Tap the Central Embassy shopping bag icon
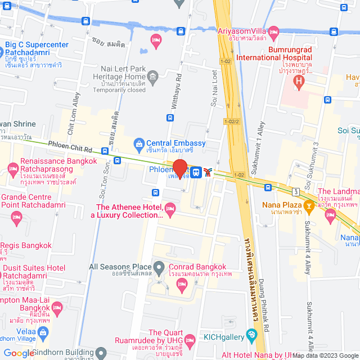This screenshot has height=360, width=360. (x=139, y=143)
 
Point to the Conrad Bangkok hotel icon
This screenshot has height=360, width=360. (x=182, y=285)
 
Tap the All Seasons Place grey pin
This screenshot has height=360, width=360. (x=160, y=267)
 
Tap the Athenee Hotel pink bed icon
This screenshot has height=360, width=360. (x=170, y=210)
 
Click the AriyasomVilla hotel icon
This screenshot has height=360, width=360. (x=274, y=31)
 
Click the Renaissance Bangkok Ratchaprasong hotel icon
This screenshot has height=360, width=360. (x=13, y=167)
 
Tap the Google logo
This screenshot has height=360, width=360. (x=19, y=353)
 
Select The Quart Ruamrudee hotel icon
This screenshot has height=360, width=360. (x=190, y=340)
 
